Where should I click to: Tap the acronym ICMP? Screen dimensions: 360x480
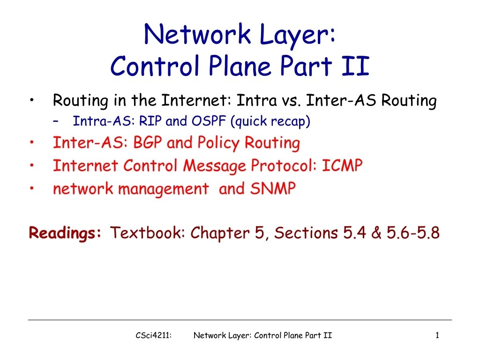[x=343, y=165]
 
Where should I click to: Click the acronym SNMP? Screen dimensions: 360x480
[x=273, y=189]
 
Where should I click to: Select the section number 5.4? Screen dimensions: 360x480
[x=355, y=232]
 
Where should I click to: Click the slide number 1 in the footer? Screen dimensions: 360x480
[x=437, y=335]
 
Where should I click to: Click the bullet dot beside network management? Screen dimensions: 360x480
[x=31, y=188]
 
